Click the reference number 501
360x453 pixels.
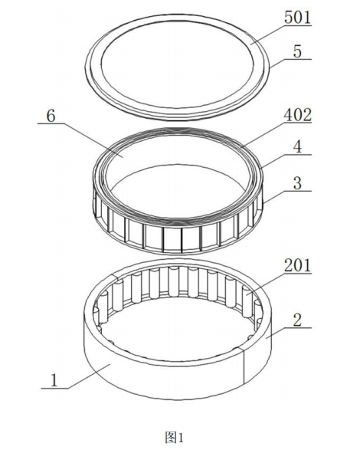(x=298, y=18)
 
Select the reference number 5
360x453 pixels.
(x=297, y=51)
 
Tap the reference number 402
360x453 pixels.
(x=298, y=115)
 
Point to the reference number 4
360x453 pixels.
(x=298, y=146)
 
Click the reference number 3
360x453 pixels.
(x=298, y=183)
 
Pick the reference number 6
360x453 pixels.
(x=51, y=117)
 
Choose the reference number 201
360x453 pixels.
(x=298, y=265)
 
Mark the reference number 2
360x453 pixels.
(x=298, y=320)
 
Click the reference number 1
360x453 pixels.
(x=54, y=380)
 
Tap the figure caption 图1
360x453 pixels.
(x=175, y=438)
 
